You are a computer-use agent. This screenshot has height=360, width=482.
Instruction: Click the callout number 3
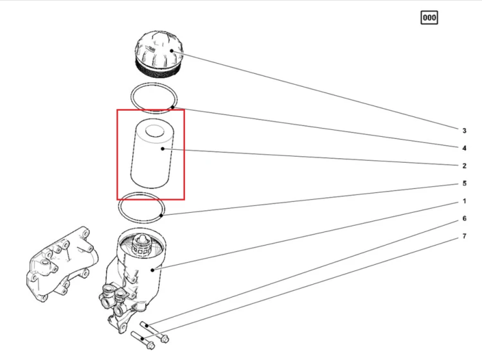click(x=464, y=130)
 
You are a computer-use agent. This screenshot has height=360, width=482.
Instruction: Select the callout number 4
click(x=464, y=148)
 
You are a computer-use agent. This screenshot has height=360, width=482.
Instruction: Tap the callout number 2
click(x=464, y=166)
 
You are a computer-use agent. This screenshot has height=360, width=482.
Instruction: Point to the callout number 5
click(x=464, y=183)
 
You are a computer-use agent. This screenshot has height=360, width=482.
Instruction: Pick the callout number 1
click(x=464, y=201)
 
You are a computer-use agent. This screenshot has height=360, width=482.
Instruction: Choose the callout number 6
click(x=464, y=219)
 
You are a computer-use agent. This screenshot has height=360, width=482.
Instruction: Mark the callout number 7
click(x=464, y=237)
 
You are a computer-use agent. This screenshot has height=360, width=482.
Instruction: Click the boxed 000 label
click(x=429, y=17)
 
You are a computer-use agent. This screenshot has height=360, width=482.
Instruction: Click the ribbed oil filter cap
click(x=159, y=54)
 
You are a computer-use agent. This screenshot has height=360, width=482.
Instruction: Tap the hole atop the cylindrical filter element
click(x=155, y=130)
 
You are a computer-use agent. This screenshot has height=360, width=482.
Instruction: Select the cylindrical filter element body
click(x=152, y=153)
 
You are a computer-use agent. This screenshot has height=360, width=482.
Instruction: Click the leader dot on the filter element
click(x=163, y=148)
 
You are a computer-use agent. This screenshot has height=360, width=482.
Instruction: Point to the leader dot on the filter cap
click(x=172, y=51)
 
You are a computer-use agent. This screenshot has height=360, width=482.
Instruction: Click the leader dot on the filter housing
click(x=152, y=270)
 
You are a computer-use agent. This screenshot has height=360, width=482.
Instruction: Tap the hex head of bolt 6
click(x=165, y=339)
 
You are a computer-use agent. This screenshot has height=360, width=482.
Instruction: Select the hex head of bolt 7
click(x=150, y=346)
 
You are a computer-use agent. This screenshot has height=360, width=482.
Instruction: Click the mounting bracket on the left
click(x=63, y=264)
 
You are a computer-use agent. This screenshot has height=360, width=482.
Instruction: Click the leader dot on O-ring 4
click(x=173, y=107)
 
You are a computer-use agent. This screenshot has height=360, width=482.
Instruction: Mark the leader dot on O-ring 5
click(x=161, y=215)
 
